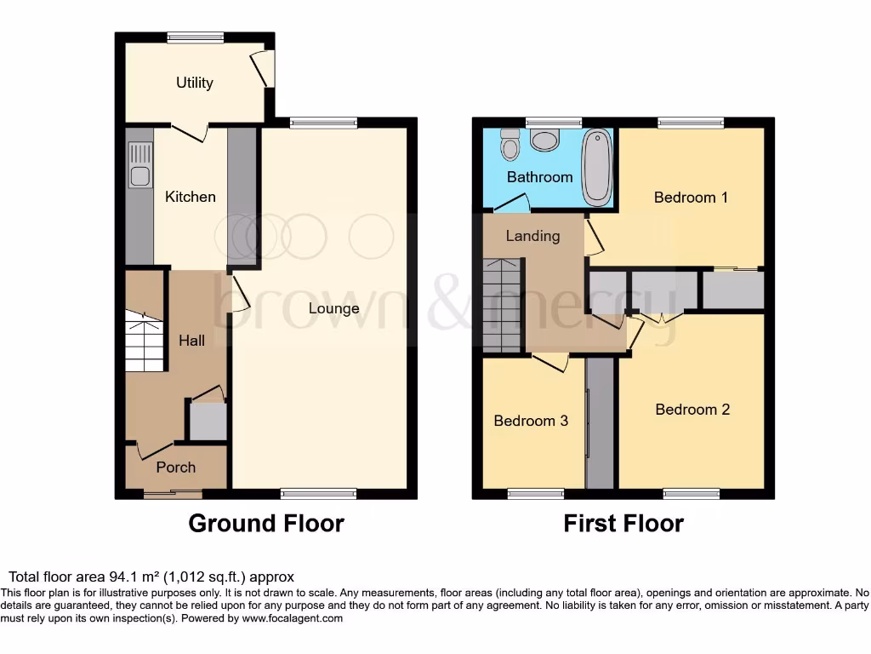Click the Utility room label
(194, 83)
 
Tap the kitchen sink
(139, 165)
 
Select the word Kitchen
(190, 197)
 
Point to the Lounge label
(333, 308)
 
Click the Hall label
(191, 341)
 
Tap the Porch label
(175, 467)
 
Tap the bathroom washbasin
(543, 140)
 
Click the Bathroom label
(539, 177)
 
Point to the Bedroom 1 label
(691, 198)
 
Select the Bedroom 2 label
(692, 410)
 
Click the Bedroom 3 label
(531, 421)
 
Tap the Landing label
(532, 236)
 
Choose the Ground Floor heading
(265, 523)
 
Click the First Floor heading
(623, 523)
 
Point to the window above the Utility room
(196, 37)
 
